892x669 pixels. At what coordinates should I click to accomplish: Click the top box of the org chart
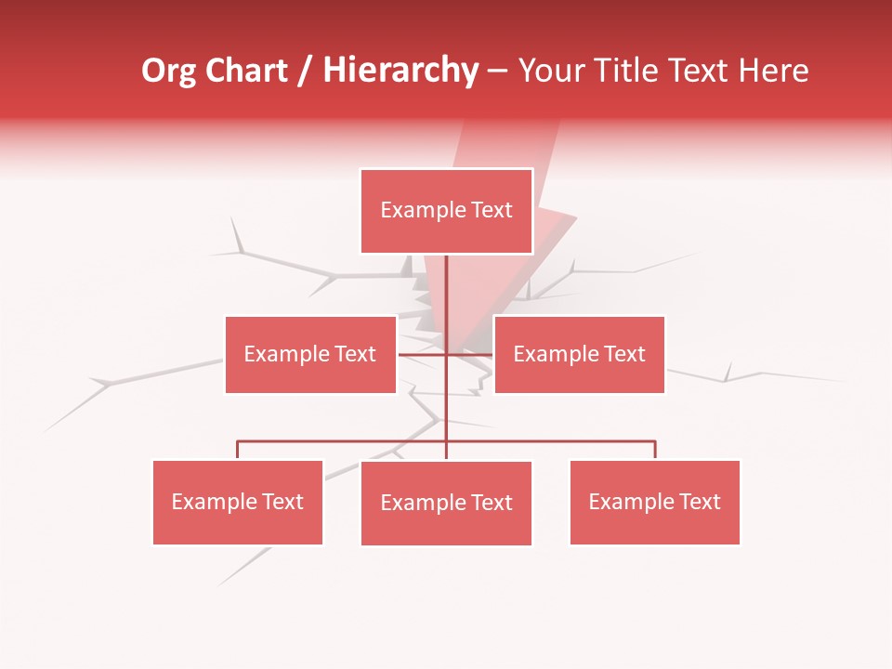pyautogui.click(x=446, y=211)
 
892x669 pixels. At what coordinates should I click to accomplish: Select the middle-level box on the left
pyautogui.click(x=310, y=354)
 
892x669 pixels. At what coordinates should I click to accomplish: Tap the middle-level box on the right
pyautogui.click(x=579, y=354)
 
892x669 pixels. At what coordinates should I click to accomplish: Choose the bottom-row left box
pyautogui.click(x=238, y=502)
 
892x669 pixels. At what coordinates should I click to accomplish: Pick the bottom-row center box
pyautogui.click(x=446, y=503)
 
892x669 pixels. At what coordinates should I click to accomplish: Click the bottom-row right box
pyautogui.click(x=655, y=502)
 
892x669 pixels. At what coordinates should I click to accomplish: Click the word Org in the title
pyautogui.click(x=168, y=71)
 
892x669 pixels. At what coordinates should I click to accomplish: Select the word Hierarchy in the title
pyautogui.click(x=400, y=71)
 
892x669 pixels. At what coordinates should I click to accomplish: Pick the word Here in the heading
pyautogui.click(x=773, y=71)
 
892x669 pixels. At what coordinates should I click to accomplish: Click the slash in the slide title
pyautogui.click(x=305, y=72)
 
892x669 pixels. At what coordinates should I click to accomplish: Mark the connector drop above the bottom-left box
pyautogui.click(x=238, y=450)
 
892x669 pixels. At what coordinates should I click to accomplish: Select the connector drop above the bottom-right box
pyautogui.click(x=655, y=450)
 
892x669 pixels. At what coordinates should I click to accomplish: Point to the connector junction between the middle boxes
pyautogui.click(x=446, y=354)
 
